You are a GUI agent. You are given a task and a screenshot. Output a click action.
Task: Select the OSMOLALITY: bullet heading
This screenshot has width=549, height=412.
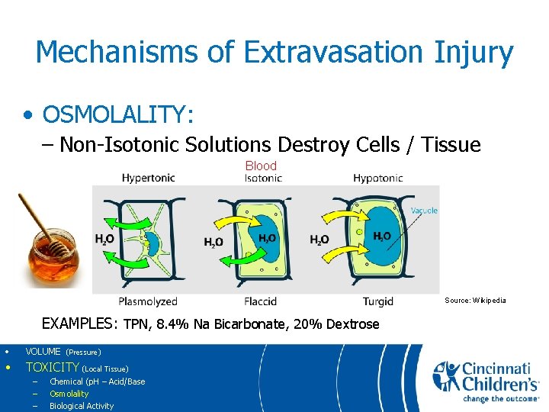(x=118, y=114)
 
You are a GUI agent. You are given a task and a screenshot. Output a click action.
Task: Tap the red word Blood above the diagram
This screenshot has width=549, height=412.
(x=261, y=166)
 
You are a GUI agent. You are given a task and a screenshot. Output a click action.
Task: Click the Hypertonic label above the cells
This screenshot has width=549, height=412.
(x=148, y=178)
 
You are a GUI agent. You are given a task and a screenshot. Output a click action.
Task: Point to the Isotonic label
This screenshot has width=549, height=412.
(x=263, y=178)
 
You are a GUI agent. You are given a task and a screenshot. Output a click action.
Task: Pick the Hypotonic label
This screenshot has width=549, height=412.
(x=377, y=178)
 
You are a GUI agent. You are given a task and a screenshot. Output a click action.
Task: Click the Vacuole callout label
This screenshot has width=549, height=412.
(x=424, y=211)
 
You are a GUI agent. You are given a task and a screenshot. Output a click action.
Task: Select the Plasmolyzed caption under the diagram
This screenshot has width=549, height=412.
(x=148, y=301)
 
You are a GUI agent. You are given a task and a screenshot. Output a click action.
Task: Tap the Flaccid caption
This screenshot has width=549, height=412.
(x=260, y=301)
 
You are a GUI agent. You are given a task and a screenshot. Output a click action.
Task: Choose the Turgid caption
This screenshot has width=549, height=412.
(x=377, y=301)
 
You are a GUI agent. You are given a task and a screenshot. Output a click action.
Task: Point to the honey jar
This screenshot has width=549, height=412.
(x=53, y=256)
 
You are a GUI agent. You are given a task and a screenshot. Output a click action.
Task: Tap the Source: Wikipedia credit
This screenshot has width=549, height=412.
(x=475, y=301)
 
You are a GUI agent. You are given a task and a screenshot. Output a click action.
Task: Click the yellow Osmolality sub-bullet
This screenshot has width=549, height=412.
(x=69, y=394)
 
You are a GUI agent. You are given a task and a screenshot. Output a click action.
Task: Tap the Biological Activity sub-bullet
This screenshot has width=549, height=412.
(x=81, y=406)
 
